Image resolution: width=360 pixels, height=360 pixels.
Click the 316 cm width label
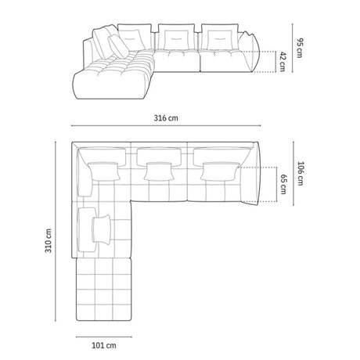(x=167, y=118)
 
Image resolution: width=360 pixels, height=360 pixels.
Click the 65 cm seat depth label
(x=283, y=187)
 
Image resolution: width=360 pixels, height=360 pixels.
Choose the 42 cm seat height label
(x=283, y=62)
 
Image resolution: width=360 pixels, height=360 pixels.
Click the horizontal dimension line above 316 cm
(x=165, y=126)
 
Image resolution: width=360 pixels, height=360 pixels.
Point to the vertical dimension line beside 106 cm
(x=293, y=178)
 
